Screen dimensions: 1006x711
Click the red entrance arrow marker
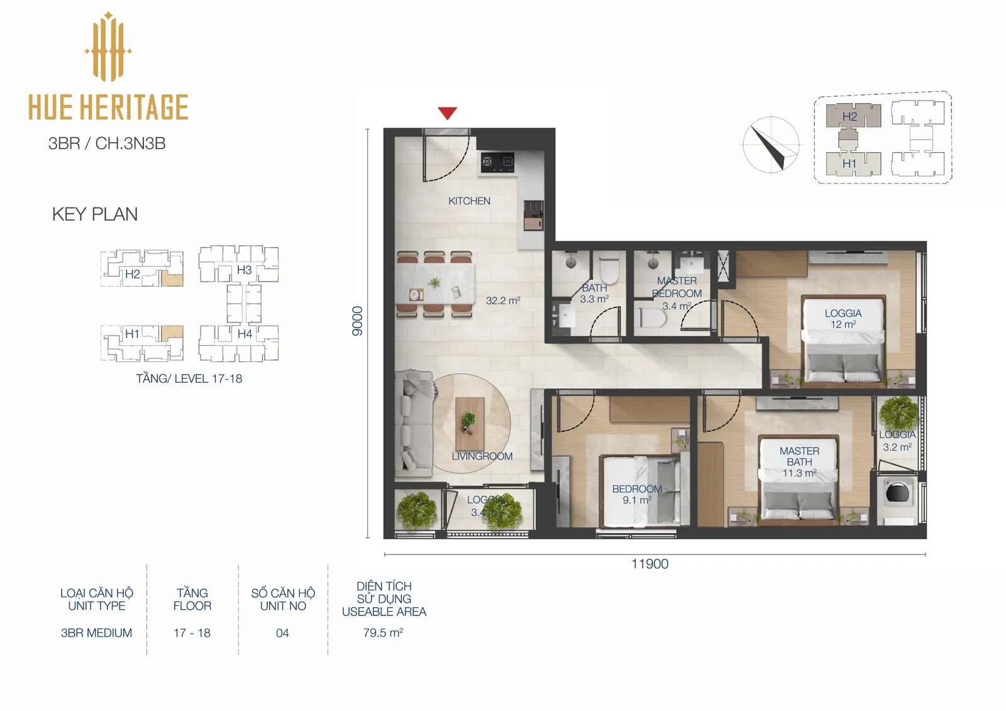pyautogui.click(x=447, y=113)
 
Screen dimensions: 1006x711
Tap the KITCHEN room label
pyautogui.click(x=469, y=201)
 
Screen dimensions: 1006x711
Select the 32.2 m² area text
pyautogui.click(x=503, y=300)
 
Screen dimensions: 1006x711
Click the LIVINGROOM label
pyautogui.click(x=482, y=456)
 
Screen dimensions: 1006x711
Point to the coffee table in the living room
pyautogui.click(x=470, y=424)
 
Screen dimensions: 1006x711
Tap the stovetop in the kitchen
pyautogui.click(x=497, y=162)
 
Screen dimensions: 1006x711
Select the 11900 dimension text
pyautogui.click(x=650, y=564)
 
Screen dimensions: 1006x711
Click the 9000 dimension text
pyautogui.click(x=357, y=321)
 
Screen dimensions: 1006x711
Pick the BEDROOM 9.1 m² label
pyautogui.click(x=637, y=494)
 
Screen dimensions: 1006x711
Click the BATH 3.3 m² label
pyautogui.click(x=594, y=294)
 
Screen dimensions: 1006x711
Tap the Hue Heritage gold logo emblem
pyautogui.click(x=108, y=47)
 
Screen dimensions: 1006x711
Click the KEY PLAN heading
pyautogui.click(x=95, y=214)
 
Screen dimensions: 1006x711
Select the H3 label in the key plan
pyautogui.click(x=245, y=270)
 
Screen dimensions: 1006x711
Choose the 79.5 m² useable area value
pyautogui.click(x=383, y=632)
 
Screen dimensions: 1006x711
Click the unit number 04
pyautogui.click(x=282, y=633)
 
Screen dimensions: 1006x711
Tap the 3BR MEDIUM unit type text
pyautogui.click(x=97, y=633)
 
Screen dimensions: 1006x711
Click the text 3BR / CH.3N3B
pyautogui.click(x=107, y=143)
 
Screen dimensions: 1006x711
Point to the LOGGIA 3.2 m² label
pyautogui.click(x=897, y=441)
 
